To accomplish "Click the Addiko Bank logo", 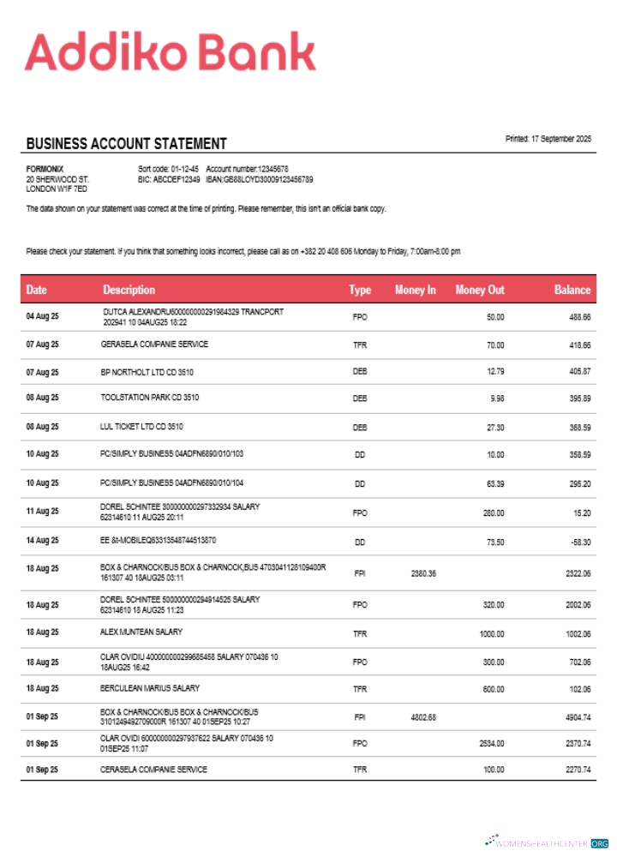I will pyautogui.click(x=170, y=52).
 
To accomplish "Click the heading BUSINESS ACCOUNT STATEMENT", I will pyautogui.click(x=126, y=144).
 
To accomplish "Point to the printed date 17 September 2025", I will pyautogui.click(x=548, y=139).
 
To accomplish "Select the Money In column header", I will pyautogui.click(x=415, y=290).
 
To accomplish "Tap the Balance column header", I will pyautogui.click(x=572, y=290).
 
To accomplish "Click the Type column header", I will pyautogui.click(x=360, y=290).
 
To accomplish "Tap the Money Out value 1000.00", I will pyautogui.click(x=492, y=632).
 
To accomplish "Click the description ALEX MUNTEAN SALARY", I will pyautogui.click(x=141, y=632).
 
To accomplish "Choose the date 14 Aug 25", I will pyautogui.click(x=42, y=541).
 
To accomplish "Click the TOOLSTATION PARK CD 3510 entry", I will pyautogui.click(x=150, y=398).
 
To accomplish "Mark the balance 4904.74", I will pyautogui.click(x=578, y=716).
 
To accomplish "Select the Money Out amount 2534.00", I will pyautogui.click(x=492, y=743).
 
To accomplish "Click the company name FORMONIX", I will pyautogui.click(x=45, y=169).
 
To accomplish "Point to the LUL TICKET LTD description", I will pyautogui.click(x=141, y=426).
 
